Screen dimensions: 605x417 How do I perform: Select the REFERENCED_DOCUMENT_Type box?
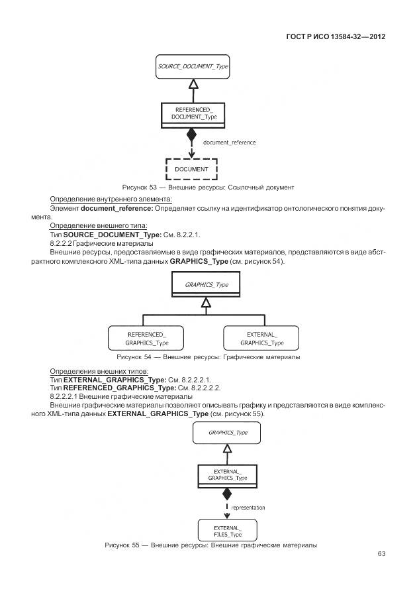coord(193,113)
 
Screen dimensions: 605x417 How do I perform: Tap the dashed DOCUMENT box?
coord(191,169)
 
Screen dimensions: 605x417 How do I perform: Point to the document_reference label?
coord(229,142)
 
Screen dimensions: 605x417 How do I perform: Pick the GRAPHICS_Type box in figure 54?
coord(207,284)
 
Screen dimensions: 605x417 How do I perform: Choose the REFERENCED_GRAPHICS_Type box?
coord(147,338)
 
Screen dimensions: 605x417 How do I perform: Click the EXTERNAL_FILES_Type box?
coord(227,530)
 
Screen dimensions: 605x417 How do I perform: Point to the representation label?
coord(248,508)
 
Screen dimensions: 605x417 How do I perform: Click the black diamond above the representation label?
coord(227,494)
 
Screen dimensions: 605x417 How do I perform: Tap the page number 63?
coord(381,553)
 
